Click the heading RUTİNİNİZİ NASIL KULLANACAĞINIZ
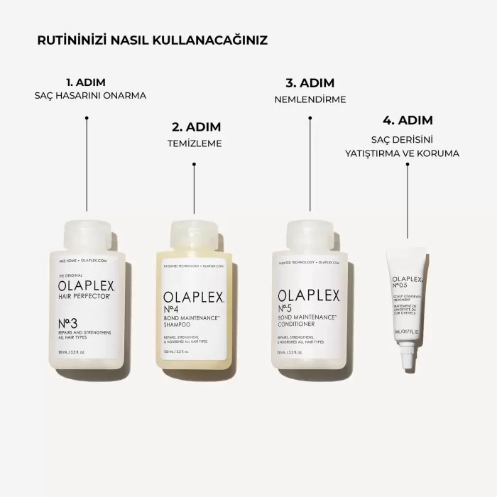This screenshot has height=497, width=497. click(152, 40)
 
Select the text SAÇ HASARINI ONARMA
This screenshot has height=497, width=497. click(90, 96)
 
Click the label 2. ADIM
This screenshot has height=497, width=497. click(196, 127)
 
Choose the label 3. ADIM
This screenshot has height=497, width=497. click(310, 82)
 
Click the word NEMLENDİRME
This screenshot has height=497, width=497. click(310, 99)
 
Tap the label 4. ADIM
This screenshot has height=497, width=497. click(408, 120)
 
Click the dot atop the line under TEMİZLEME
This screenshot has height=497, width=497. click(195, 164)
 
